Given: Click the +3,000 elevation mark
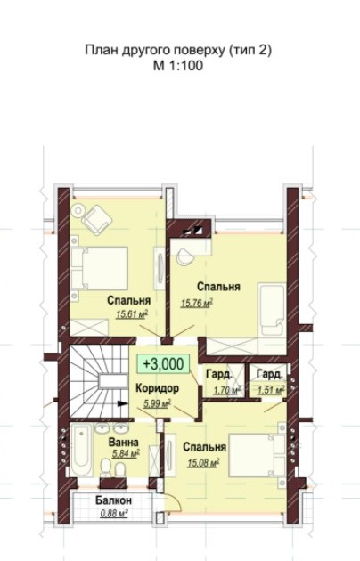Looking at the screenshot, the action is [x=164, y=364].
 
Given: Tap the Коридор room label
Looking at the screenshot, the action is [x=157, y=388].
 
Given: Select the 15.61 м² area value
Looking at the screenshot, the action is [x=132, y=314].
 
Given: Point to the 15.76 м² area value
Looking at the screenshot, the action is [x=197, y=304].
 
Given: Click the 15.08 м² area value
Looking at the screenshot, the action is [x=203, y=463].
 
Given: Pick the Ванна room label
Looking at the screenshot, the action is [x=124, y=443].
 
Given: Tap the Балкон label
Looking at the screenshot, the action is [x=113, y=500].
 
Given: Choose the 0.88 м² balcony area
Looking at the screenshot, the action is [x=115, y=514].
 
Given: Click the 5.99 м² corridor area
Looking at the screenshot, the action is [x=157, y=403].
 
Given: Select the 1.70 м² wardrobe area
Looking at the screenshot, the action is [x=227, y=390].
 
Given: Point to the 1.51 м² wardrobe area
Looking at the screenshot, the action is [x=271, y=390].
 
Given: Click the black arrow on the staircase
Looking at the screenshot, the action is [x=122, y=403].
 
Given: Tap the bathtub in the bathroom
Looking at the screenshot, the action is [x=82, y=450].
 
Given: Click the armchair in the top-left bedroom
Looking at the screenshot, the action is [x=96, y=219].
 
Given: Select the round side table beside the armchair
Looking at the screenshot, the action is [x=78, y=210].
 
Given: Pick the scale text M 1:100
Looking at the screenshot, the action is [x=178, y=66].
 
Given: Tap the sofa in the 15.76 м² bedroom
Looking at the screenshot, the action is [x=272, y=309].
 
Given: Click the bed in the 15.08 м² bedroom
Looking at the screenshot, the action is [x=257, y=455].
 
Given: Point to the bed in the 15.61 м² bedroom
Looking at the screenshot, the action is [x=100, y=268].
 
